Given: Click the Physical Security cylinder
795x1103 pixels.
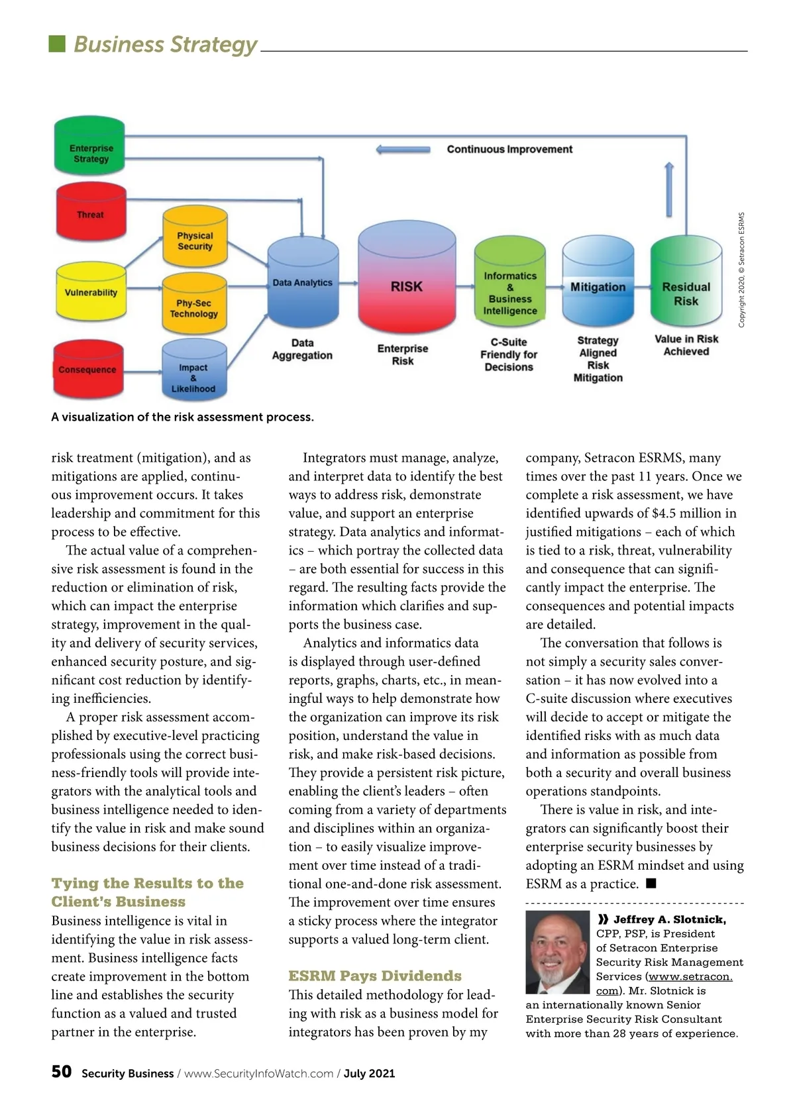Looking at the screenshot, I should (195, 238).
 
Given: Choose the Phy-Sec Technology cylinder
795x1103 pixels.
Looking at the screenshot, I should (194, 306).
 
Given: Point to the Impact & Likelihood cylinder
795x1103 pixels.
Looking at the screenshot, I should (193, 372).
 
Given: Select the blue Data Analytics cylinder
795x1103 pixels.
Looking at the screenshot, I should (303, 283).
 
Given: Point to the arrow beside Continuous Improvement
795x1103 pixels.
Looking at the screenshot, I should (403, 150).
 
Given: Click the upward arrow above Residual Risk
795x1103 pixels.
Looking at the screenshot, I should (669, 189).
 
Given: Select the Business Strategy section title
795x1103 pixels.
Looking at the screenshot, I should (165, 44).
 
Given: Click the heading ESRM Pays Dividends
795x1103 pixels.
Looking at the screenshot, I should (375, 976).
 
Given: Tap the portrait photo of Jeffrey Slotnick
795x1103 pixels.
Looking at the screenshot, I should (557, 952).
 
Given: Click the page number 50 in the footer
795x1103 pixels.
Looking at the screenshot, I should (62, 1071).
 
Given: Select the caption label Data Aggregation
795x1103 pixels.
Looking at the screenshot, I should (302, 349).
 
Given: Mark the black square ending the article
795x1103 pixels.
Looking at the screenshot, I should (651, 883).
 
